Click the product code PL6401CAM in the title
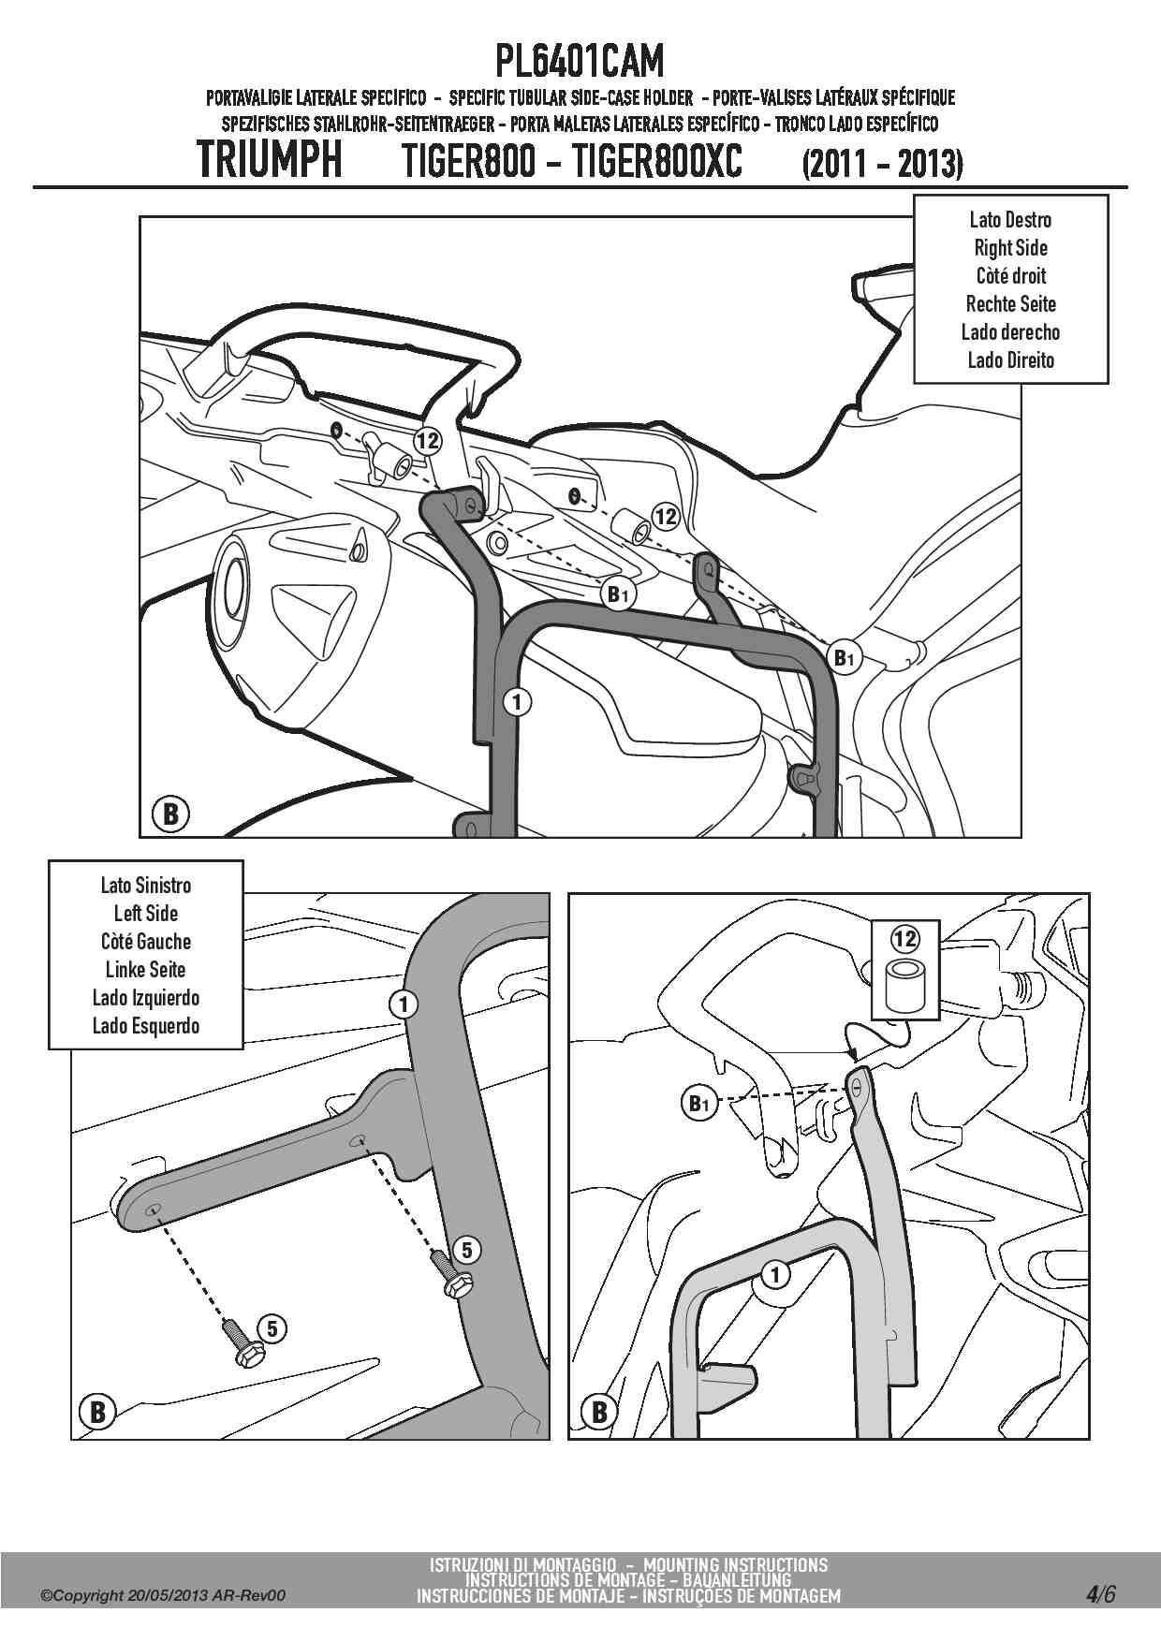click(580, 62)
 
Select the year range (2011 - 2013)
click(883, 164)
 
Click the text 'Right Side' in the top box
click(1010, 248)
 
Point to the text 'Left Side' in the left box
click(146, 914)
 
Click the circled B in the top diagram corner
click(169, 814)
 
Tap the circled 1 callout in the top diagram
click(517, 701)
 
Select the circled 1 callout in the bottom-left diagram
click(403, 1004)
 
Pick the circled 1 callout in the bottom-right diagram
click(775, 1274)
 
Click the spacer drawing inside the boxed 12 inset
click(905, 985)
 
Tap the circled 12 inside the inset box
click(905, 938)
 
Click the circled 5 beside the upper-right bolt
click(466, 1249)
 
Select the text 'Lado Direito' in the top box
click(1010, 360)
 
